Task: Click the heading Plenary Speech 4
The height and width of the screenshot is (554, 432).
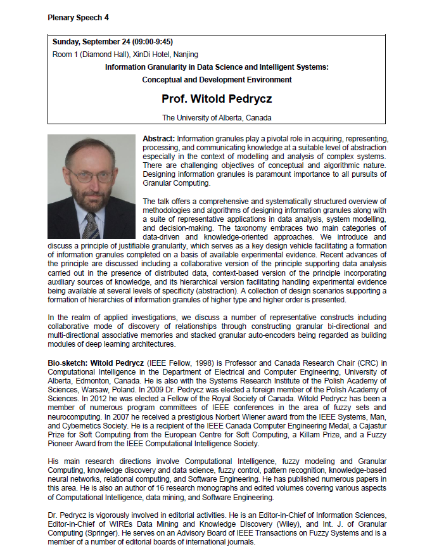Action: point(78,18)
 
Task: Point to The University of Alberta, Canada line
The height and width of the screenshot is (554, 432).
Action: point(216,117)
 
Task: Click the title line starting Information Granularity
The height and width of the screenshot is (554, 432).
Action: point(216,67)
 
